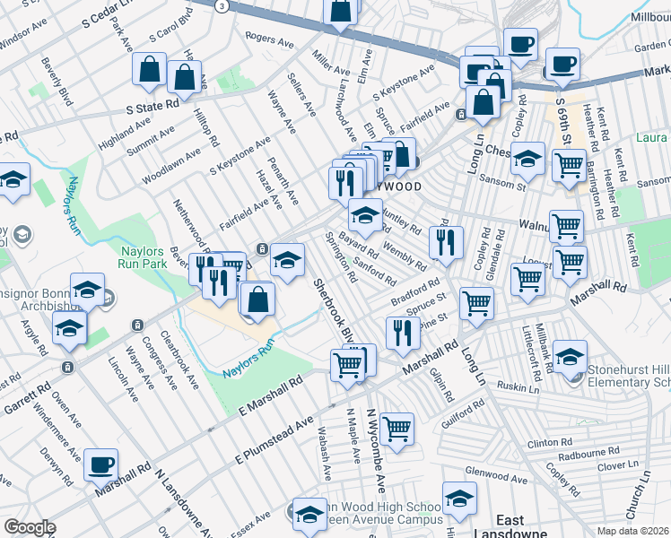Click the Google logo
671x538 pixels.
click(x=30, y=526)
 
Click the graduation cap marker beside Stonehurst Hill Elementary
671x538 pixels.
click(x=570, y=356)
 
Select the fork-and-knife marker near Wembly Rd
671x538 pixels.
click(x=445, y=240)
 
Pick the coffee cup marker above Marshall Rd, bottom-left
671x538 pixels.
click(x=100, y=464)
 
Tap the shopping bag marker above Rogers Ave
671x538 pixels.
click(x=342, y=11)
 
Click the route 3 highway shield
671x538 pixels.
click(x=221, y=4)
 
